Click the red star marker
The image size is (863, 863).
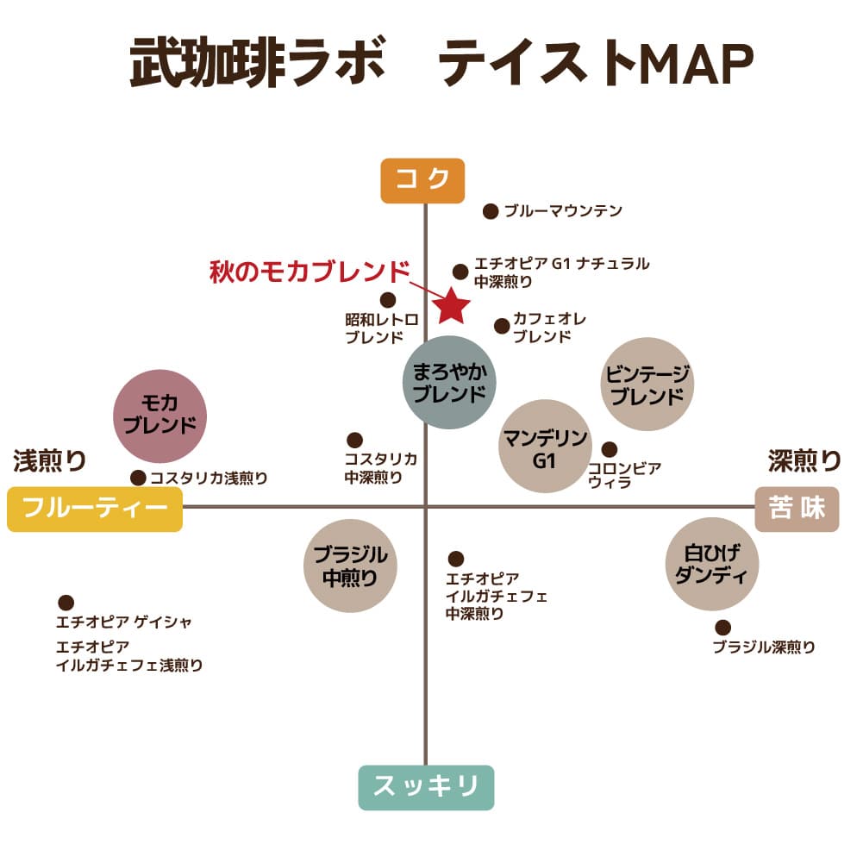click(451, 306)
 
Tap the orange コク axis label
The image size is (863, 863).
click(422, 180)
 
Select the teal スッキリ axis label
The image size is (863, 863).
click(426, 787)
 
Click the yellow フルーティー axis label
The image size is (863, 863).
click(95, 509)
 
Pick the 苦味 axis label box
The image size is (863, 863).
click(797, 509)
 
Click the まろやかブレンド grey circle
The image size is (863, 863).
click(449, 383)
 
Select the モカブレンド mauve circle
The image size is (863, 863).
click(159, 416)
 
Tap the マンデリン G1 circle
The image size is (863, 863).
click(545, 446)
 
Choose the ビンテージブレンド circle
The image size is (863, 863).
click(647, 385)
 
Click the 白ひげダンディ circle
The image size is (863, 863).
click(712, 564)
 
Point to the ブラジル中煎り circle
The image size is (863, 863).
click(350, 566)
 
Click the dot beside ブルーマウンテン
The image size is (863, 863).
click(491, 211)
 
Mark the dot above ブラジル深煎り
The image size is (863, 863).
click(722, 628)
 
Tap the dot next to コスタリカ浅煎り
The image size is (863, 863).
click(138, 478)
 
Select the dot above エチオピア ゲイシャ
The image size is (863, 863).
click(66, 603)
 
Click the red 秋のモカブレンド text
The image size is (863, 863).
click(310, 272)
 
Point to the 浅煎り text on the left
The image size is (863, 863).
click(49, 460)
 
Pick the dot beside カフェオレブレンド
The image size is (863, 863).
click(502, 327)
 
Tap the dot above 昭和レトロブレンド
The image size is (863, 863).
click(388, 300)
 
